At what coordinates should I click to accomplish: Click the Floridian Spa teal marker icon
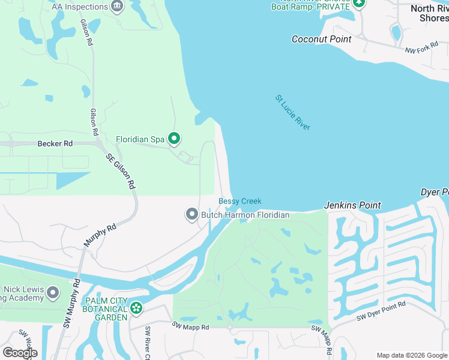click(x=174, y=139)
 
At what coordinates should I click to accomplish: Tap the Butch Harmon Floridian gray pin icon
click(x=192, y=214)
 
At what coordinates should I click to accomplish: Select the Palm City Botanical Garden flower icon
click(x=137, y=308)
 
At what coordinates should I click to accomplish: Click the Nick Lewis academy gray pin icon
click(x=53, y=293)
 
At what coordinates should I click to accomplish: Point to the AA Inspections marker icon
click(x=117, y=7)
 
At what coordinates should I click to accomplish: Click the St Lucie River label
click(x=293, y=112)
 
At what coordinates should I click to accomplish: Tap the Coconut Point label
click(x=321, y=39)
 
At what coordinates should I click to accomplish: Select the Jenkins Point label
click(x=352, y=205)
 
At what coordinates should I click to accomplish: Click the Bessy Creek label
click(x=240, y=202)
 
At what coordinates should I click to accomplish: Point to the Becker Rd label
click(x=55, y=143)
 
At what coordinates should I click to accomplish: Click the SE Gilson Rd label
click(x=121, y=172)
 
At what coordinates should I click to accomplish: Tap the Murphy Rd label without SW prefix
click(x=100, y=236)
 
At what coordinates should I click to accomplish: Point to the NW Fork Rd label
click(x=419, y=52)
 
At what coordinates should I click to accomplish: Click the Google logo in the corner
click(x=19, y=353)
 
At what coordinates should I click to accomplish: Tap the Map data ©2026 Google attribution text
click(x=412, y=355)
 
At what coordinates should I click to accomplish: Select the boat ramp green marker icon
click(x=359, y=3)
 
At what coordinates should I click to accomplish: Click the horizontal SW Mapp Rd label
click(x=190, y=326)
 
